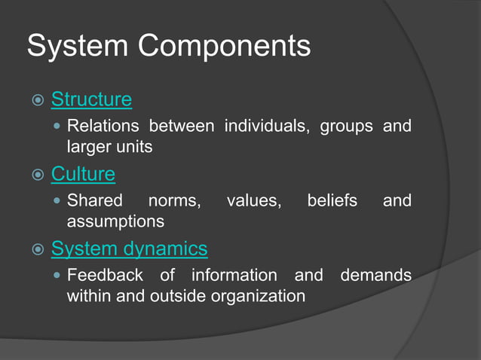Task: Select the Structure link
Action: [91, 99]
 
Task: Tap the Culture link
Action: [83, 175]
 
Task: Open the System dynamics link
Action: [129, 249]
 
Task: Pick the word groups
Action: [346, 126]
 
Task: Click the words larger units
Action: [110, 147]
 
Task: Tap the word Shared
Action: [95, 200]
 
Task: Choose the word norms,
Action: [174, 200]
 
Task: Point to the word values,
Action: [254, 200]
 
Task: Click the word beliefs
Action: [332, 200]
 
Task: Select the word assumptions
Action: [115, 221]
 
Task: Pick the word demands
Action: [375, 275]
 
